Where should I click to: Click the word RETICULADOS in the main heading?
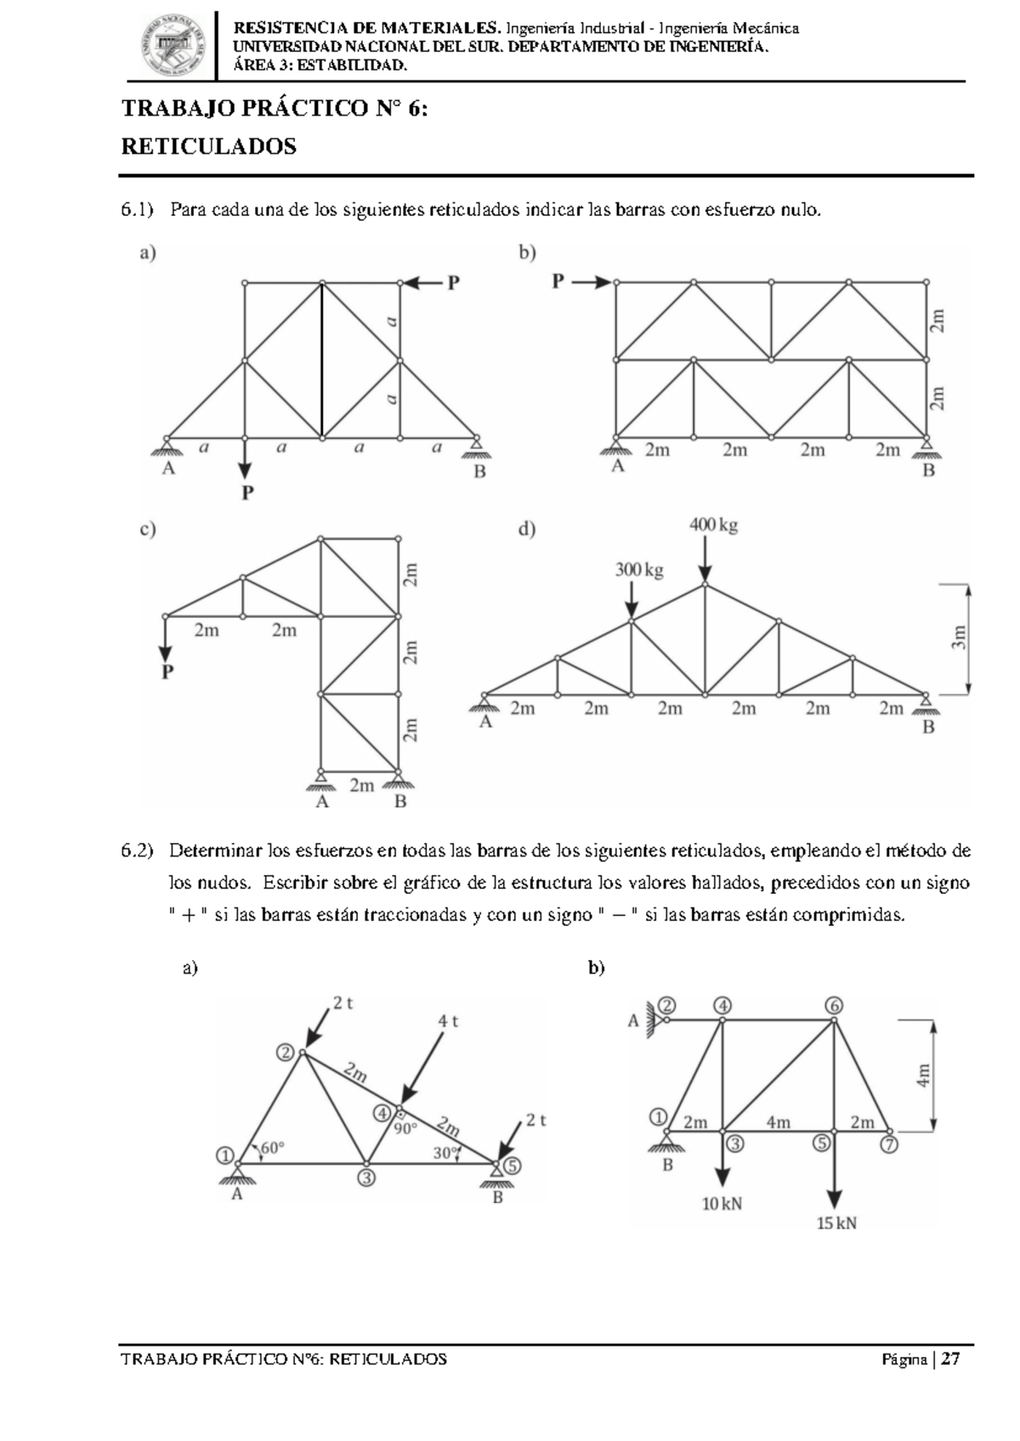pyautogui.click(x=209, y=147)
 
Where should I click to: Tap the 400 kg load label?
pyautogui.click(x=713, y=526)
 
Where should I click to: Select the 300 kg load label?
pyautogui.click(x=639, y=570)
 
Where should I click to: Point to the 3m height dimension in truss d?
pyautogui.click(x=959, y=637)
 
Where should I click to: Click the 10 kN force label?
pyautogui.click(x=722, y=1203)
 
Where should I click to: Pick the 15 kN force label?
pyautogui.click(x=836, y=1223)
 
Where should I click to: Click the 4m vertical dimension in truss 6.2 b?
pyautogui.click(x=924, y=1075)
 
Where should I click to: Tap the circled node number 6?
pyautogui.click(x=834, y=1005)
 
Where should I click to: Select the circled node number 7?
pyautogui.click(x=888, y=1144)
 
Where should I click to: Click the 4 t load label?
pyautogui.click(x=448, y=1022)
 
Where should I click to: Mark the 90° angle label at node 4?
pyautogui.click(x=405, y=1129)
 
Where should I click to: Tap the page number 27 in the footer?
pyautogui.click(x=950, y=1359)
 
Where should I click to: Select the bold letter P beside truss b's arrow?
pyautogui.click(x=558, y=281)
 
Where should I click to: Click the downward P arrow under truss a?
pyautogui.click(x=245, y=461)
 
